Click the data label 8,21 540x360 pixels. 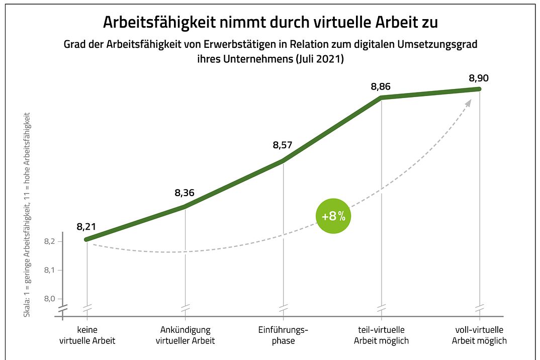click(86, 227)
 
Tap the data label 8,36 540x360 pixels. click(185, 193)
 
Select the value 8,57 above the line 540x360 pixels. click(283, 145)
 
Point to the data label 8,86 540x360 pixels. click(381, 86)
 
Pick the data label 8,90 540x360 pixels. click(479, 78)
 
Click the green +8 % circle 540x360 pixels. click(333, 217)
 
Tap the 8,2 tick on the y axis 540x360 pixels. click(50, 242)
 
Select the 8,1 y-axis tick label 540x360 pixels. click(50, 271)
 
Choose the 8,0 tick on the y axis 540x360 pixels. click(50, 299)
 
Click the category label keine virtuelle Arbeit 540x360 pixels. click(87, 335)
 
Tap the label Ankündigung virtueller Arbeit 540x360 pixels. click(185, 335)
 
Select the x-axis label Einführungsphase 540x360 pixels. click(283, 335)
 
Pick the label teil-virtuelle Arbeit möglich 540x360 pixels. click(381, 335)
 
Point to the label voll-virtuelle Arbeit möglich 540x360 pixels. click(479, 335)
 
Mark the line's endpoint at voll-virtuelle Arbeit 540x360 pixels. click(479, 89)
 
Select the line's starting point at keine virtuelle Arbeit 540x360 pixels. click(87, 239)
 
